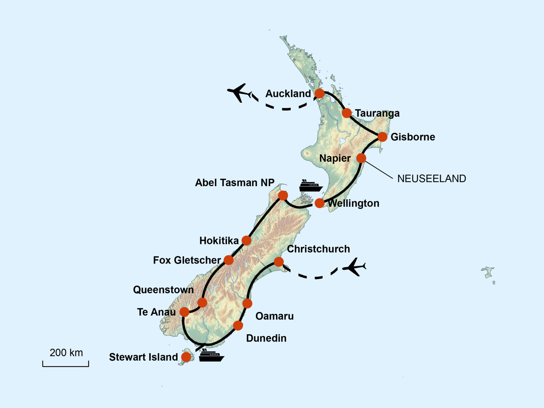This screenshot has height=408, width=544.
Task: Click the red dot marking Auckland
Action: click(320, 93)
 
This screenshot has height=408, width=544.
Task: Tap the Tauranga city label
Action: click(377, 113)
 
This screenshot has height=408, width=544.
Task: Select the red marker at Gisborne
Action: click(382, 137)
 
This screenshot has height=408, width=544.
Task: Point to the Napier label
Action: click(335, 158)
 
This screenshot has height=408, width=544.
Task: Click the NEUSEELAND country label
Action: click(432, 178)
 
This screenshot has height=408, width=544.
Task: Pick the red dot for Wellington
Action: click(319, 203)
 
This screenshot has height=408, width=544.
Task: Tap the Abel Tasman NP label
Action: click(235, 183)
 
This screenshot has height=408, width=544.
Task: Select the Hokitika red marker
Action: click(246, 241)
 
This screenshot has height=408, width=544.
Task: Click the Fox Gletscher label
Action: click(187, 260)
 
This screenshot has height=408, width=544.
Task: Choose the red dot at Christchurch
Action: click(279, 262)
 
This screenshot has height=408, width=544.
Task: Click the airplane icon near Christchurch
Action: click(354, 267)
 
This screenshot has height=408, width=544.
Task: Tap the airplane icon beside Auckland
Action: click(239, 92)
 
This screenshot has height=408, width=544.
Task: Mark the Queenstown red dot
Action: click(202, 303)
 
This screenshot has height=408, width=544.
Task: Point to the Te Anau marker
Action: click(184, 312)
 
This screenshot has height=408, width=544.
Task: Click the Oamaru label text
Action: click(274, 316)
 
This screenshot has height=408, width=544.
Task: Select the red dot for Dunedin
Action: click(238, 326)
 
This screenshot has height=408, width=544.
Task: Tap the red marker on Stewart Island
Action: click(186, 357)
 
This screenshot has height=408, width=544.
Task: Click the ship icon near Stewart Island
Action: click(211, 356)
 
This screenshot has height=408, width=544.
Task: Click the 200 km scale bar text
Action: click(66, 353)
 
